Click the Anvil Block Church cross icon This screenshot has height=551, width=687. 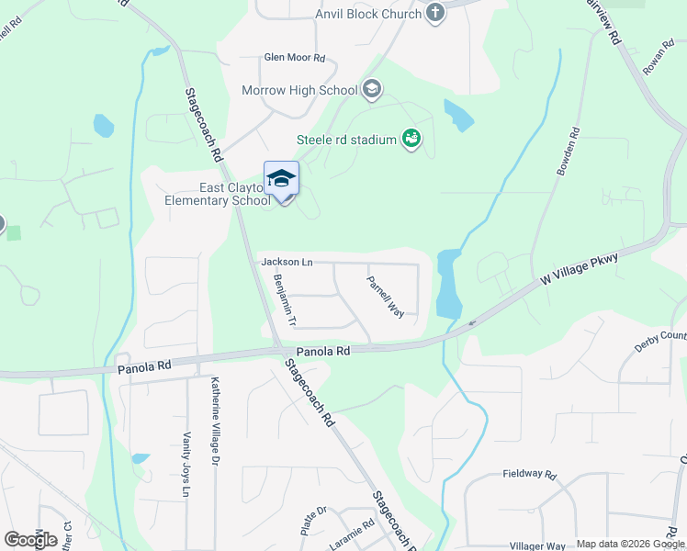click(x=435, y=13)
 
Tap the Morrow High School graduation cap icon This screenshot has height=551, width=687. click(x=371, y=89)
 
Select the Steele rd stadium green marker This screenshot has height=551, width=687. click(x=411, y=139)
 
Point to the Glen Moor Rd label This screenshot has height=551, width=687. click(x=295, y=57)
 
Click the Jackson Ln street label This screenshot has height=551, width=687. click(x=287, y=263)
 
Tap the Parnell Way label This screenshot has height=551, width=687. click(x=386, y=297)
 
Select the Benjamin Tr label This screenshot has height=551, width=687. click(x=283, y=300)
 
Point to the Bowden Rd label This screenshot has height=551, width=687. click(x=568, y=152)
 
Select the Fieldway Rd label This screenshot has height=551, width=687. click(x=530, y=475)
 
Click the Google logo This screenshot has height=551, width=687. click(x=30, y=540)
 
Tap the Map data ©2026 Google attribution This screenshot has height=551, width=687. click(x=631, y=544)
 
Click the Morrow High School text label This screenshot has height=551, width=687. click(x=299, y=90)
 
